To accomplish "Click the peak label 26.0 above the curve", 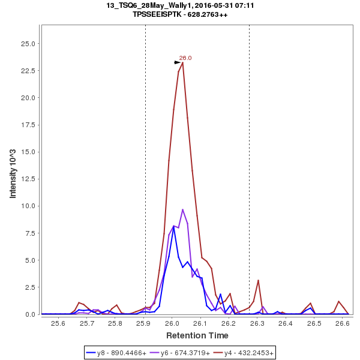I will coord(185,58).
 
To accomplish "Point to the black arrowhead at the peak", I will coord(178,62).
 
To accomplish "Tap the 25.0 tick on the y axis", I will coord(29,44).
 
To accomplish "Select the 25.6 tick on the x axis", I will coord(59,323).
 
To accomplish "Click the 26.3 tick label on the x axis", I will coord(257,323).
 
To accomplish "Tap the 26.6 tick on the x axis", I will coord(343,323).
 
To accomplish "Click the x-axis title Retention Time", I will coord(197,335).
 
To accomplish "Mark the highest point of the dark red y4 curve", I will coord(182,62).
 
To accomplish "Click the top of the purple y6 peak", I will coord(183,209).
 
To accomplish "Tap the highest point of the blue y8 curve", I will coord(173,226).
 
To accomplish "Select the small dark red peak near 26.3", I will coord(258,280).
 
